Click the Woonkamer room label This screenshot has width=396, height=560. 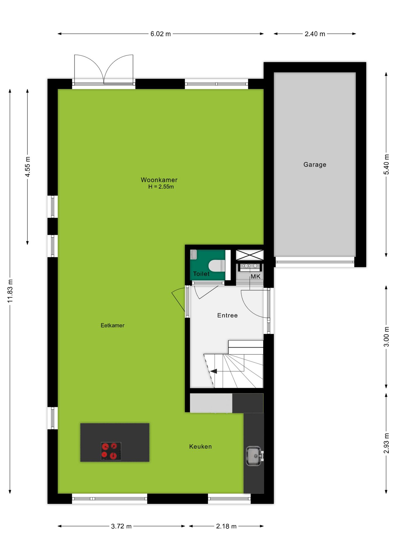(159, 180)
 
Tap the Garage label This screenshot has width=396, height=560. (315, 164)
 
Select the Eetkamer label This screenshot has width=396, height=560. (113, 325)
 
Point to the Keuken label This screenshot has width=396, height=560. (200, 446)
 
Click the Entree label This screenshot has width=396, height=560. (227, 315)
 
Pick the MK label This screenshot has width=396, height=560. (255, 276)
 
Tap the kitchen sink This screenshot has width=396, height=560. (254, 456)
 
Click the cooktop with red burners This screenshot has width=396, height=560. (111, 451)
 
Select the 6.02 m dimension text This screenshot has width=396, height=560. (161, 34)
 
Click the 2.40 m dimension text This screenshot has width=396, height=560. (315, 34)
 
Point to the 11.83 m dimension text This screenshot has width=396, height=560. (10, 291)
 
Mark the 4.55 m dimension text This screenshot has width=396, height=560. (28, 167)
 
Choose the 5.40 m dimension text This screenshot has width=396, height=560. (386, 164)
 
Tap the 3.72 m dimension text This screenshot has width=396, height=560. (121, 526)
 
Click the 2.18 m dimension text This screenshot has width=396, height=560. (226, 526)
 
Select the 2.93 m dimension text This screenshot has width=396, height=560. (386, 443)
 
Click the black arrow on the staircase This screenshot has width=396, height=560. (214, 371)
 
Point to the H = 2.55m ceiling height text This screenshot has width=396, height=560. (161, 187)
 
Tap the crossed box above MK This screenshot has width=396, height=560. (250, 255)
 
